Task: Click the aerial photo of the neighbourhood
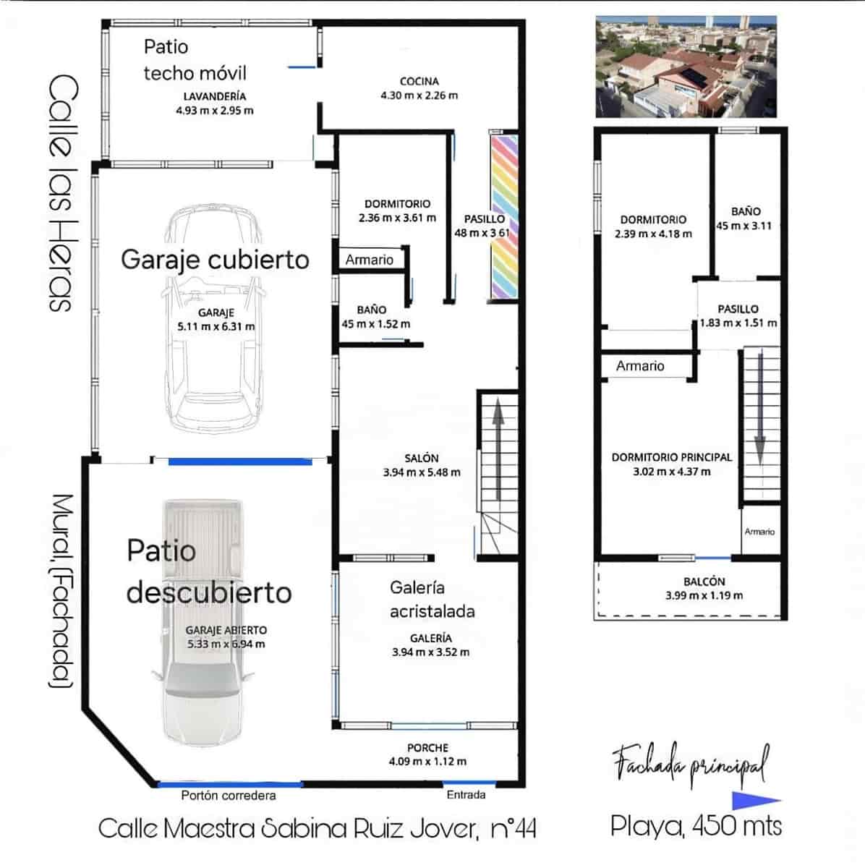click(x=685, y=67)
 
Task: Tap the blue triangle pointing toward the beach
click(x=755, y=801)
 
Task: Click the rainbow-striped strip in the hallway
click(x=504, y=216)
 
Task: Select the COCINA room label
click(x=419, y=81)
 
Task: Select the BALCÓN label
click(x=704, y=581)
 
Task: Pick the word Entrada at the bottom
click(x=466, y=794)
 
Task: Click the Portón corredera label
click(x=229, y=795)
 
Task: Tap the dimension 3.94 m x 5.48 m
click(x=422, y=472)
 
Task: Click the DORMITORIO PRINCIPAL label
click(x=671, y=457)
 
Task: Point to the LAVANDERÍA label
click(x=214, y=95)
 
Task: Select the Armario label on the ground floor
click(x=369, y=260)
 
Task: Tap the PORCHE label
click(x=427, y=747)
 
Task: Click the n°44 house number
click(x=513, y=828)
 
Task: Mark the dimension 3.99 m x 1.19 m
click(x=704, y=595)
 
